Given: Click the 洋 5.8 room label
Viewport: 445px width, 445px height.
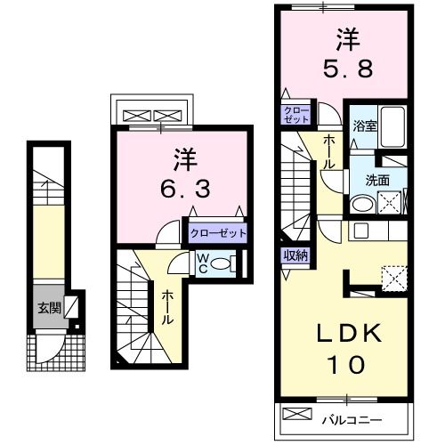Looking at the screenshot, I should tap(344, 53).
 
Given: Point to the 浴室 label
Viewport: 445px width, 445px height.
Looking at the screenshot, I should tap(364, 125).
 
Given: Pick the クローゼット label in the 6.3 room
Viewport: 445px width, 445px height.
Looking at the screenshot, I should tap(218, 233).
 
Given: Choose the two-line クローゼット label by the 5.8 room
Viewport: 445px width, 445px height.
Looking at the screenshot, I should tap(295, 114).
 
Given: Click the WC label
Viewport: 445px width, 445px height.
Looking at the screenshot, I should tap(203, 263).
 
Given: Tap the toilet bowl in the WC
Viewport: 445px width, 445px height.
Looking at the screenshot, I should tap(227, 263).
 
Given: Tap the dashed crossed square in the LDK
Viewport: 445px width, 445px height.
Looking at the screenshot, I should tap(392, 277).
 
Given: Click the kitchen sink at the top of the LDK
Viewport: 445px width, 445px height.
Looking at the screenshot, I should tap(360, 231).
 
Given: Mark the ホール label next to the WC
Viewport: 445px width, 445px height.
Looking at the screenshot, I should tap(166, 307).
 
